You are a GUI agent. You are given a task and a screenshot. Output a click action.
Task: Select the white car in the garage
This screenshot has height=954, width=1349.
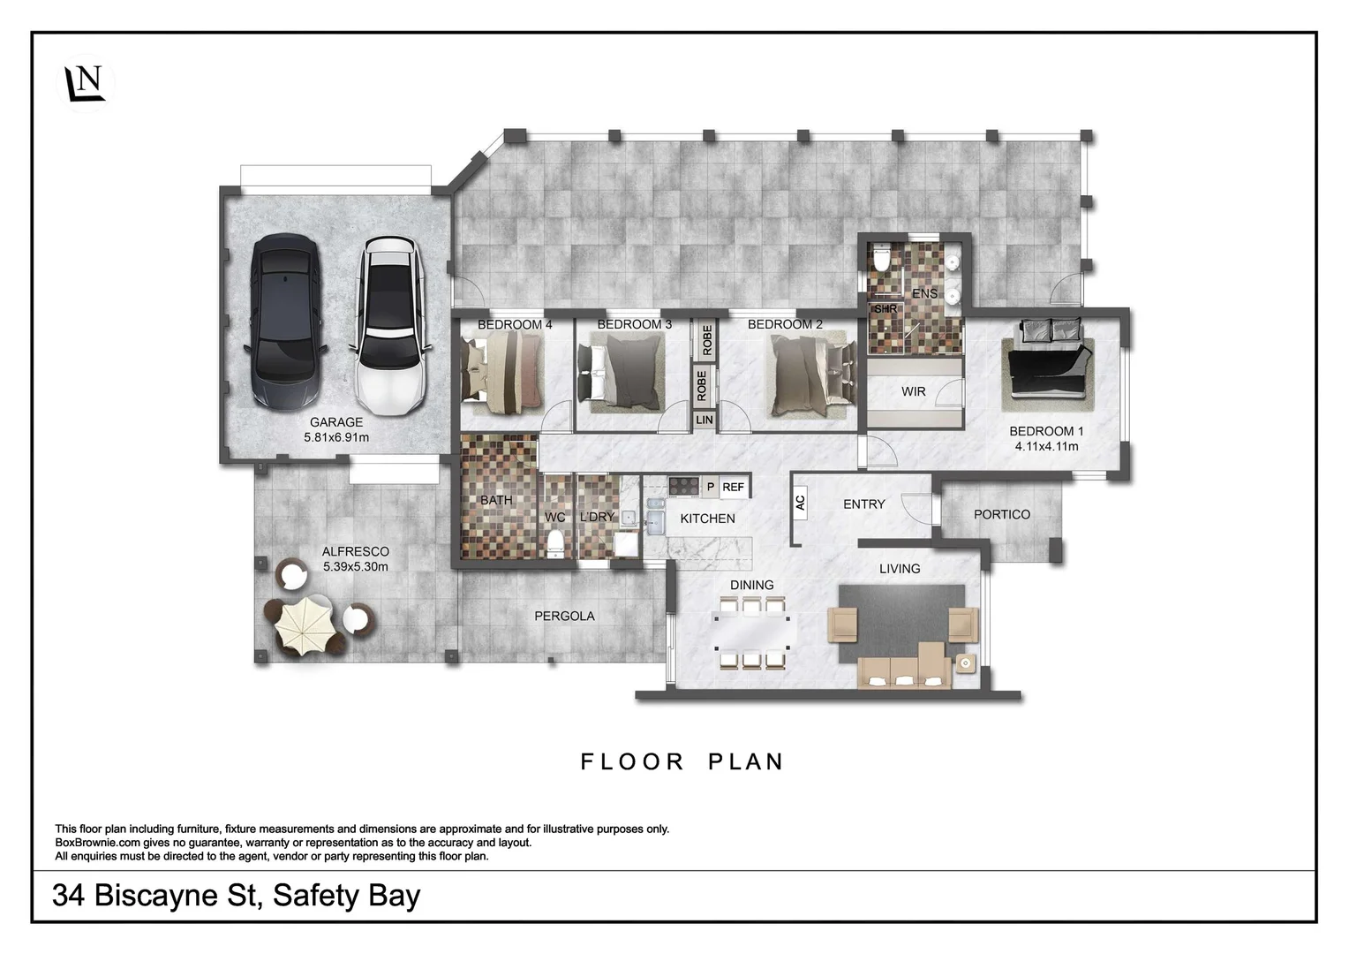[x=388, y=324]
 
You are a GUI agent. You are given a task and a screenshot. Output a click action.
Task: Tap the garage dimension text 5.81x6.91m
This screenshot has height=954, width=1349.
[x=336, y=437]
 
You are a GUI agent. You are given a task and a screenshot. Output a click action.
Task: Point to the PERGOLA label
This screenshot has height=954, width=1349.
[x=564, y=617]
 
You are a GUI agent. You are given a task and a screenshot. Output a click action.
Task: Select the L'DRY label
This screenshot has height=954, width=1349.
[x=597, y=517]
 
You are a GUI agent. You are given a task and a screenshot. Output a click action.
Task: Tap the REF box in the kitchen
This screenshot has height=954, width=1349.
[x=733, y=487]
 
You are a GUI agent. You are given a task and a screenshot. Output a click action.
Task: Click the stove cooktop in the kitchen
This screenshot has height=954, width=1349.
[x=682, y=486]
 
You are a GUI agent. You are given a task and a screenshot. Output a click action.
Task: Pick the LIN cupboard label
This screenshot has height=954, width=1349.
[x=704, y=420]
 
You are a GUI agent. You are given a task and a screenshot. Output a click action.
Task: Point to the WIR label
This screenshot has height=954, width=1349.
[x=913, y=391]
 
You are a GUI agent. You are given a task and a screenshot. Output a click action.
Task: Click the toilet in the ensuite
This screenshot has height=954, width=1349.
[x=880, y=260]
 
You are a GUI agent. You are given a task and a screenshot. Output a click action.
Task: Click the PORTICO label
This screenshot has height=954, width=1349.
[x=1001, y=514]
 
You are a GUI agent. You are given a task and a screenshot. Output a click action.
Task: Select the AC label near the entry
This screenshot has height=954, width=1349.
[x=800, y=503]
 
